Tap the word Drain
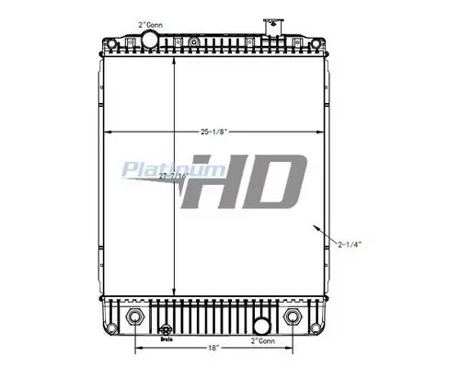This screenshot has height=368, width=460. click(167, 339)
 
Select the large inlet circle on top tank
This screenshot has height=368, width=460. click(151, 39)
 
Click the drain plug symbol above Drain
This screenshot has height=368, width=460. click(167, 329)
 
